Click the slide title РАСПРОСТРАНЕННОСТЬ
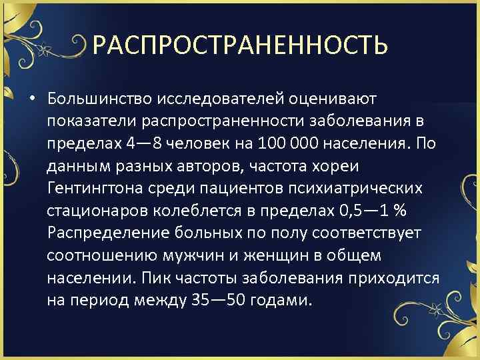point(240,45)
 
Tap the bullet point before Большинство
point(32,100)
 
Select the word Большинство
point(99,99)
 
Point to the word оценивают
point(333,99)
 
